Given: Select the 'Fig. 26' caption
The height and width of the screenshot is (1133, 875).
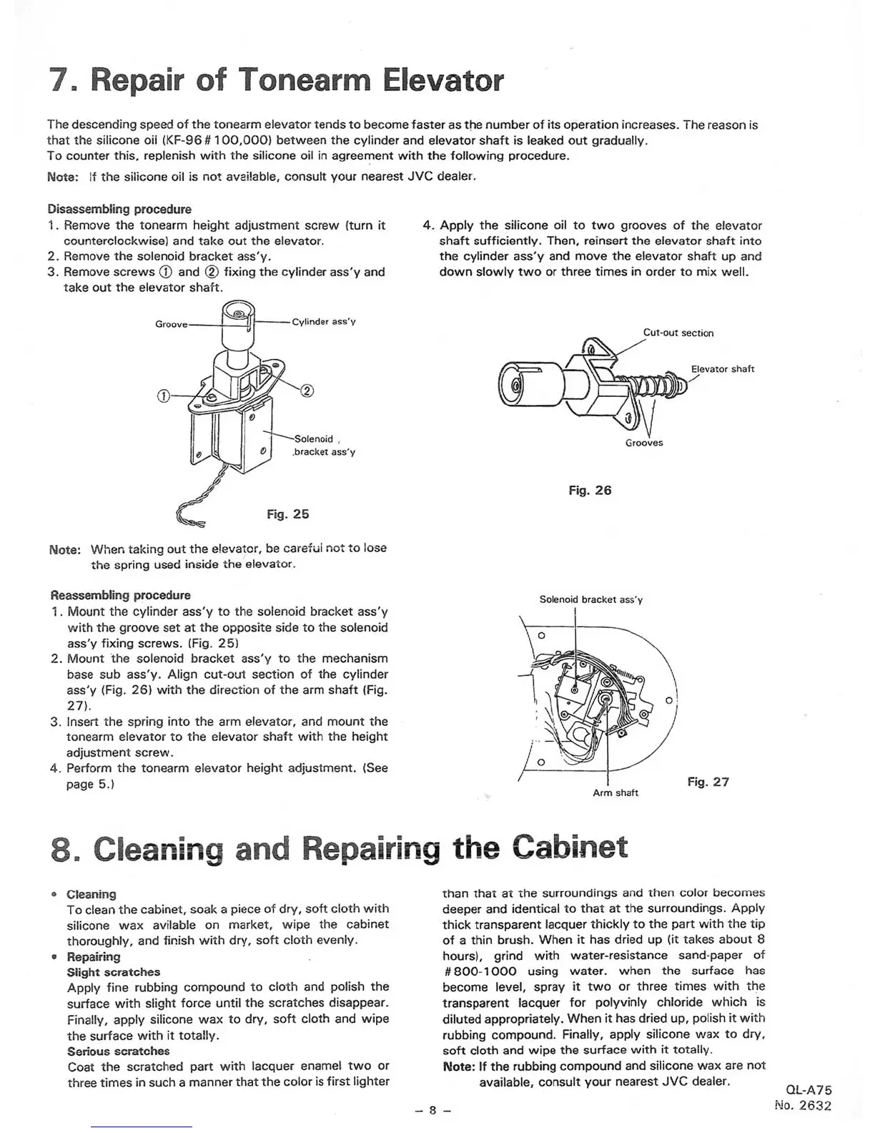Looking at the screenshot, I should coord(590,491).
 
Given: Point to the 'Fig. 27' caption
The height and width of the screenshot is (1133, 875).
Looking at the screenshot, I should coord(708,782).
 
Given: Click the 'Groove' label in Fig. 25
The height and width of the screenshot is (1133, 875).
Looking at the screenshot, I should coord(171,324).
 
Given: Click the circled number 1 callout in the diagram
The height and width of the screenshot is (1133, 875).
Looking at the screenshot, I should coord(163,396).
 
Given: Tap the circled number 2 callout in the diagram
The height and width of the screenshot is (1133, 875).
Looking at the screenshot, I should coord(307,391).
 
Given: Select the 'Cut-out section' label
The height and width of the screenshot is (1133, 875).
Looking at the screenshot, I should coord(678,333).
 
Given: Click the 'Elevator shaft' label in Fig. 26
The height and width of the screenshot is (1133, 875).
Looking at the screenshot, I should coord(722,369).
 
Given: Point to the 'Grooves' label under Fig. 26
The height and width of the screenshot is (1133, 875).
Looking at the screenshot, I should coord(644,443).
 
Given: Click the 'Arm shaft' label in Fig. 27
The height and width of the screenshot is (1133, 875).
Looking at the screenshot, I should coord(615,793).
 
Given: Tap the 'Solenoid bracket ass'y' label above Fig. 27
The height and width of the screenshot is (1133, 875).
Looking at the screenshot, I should coord(590,599).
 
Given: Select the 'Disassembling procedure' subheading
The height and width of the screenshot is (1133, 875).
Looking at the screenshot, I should coord(119,209).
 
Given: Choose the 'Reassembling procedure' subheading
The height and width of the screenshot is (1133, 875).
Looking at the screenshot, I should coord(121,595).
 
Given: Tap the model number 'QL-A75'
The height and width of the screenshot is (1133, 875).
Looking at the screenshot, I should coord(809,1091).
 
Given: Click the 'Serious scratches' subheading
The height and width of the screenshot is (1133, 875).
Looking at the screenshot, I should coord(118,1051).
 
